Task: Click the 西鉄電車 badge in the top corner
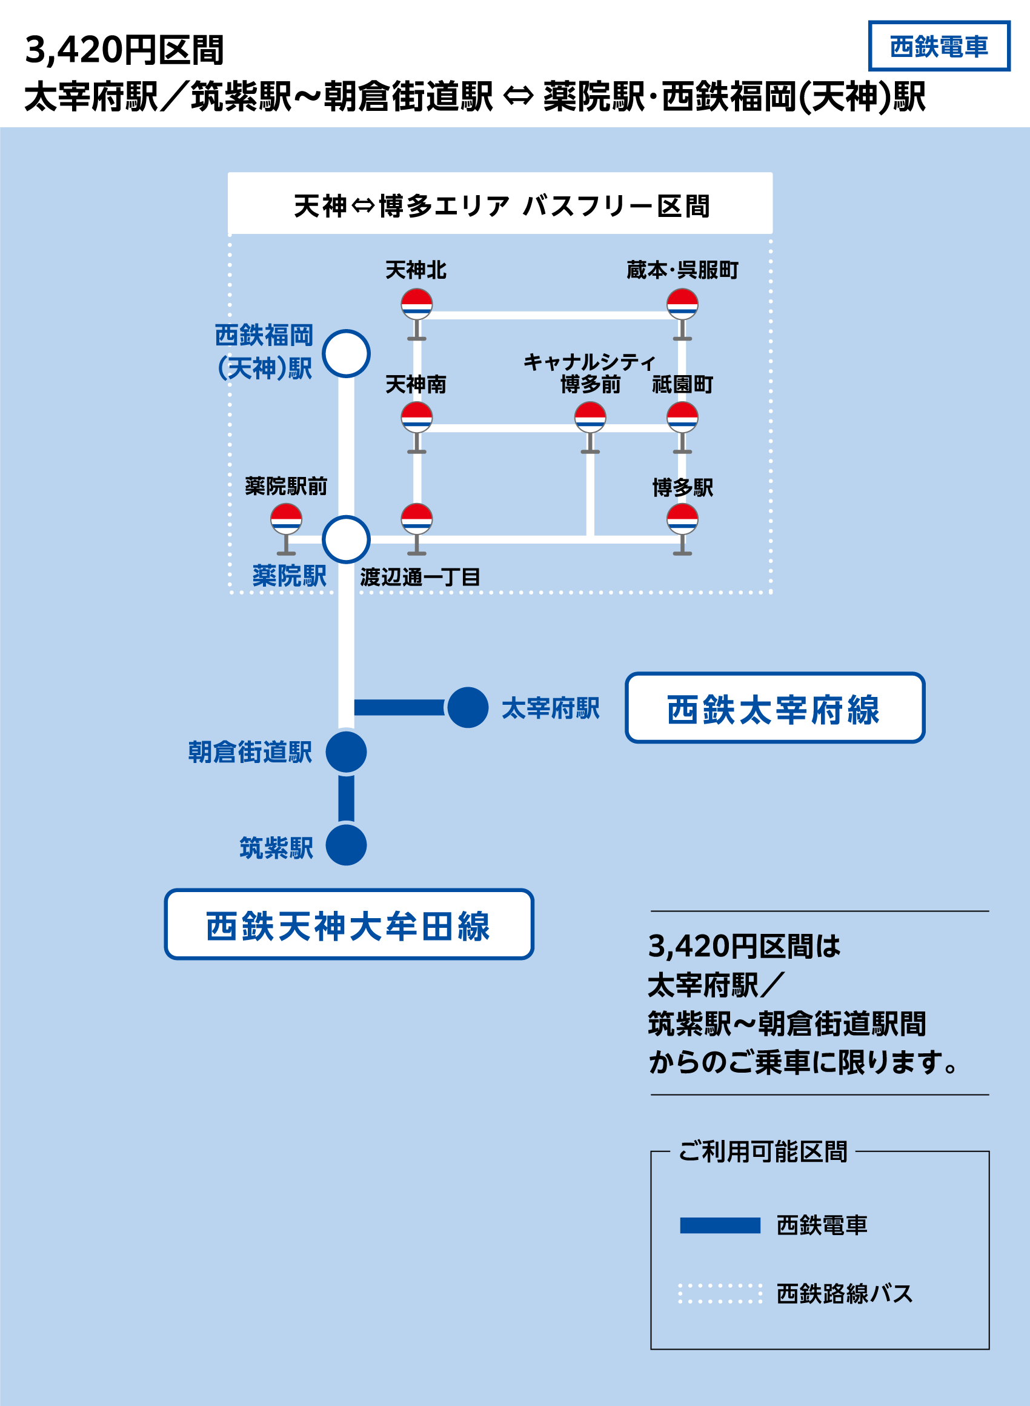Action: [939, 46]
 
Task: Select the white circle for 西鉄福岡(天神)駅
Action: [346, 353]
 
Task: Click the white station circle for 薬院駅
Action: [346, 539]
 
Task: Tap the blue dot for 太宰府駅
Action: [468, 707]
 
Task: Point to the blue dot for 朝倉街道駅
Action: [346, 752]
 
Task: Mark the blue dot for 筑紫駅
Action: [346, 845]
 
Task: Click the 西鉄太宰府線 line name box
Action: [774, 708]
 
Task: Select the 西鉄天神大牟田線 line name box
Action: [348, 924]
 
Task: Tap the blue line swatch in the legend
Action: [720, 1226]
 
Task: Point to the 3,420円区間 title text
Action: [124, 50]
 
